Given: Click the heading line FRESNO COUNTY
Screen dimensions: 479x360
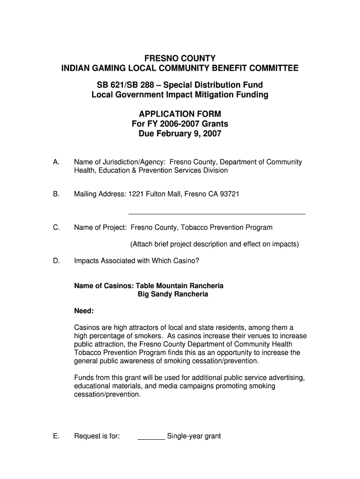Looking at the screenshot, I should coord(180,58).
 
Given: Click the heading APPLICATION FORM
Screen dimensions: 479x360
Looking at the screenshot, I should coord(180,114).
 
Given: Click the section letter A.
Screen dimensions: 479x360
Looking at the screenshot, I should coord(56,162).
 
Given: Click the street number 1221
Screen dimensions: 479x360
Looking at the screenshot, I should coord(136,194).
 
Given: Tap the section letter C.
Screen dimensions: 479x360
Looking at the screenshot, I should coord(56,228).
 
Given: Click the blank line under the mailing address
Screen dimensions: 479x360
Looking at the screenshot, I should coord(216,213).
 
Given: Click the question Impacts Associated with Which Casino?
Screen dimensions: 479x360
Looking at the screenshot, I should coord(137,261).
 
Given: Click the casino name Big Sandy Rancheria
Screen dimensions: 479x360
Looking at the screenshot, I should coord(173,295).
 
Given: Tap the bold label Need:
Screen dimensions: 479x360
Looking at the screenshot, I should coord(84,311).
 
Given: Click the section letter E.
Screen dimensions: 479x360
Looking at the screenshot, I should coord(56,436).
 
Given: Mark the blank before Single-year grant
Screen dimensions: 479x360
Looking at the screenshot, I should coord(151,438).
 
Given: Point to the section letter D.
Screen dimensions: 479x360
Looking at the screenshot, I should coord(56,261).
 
